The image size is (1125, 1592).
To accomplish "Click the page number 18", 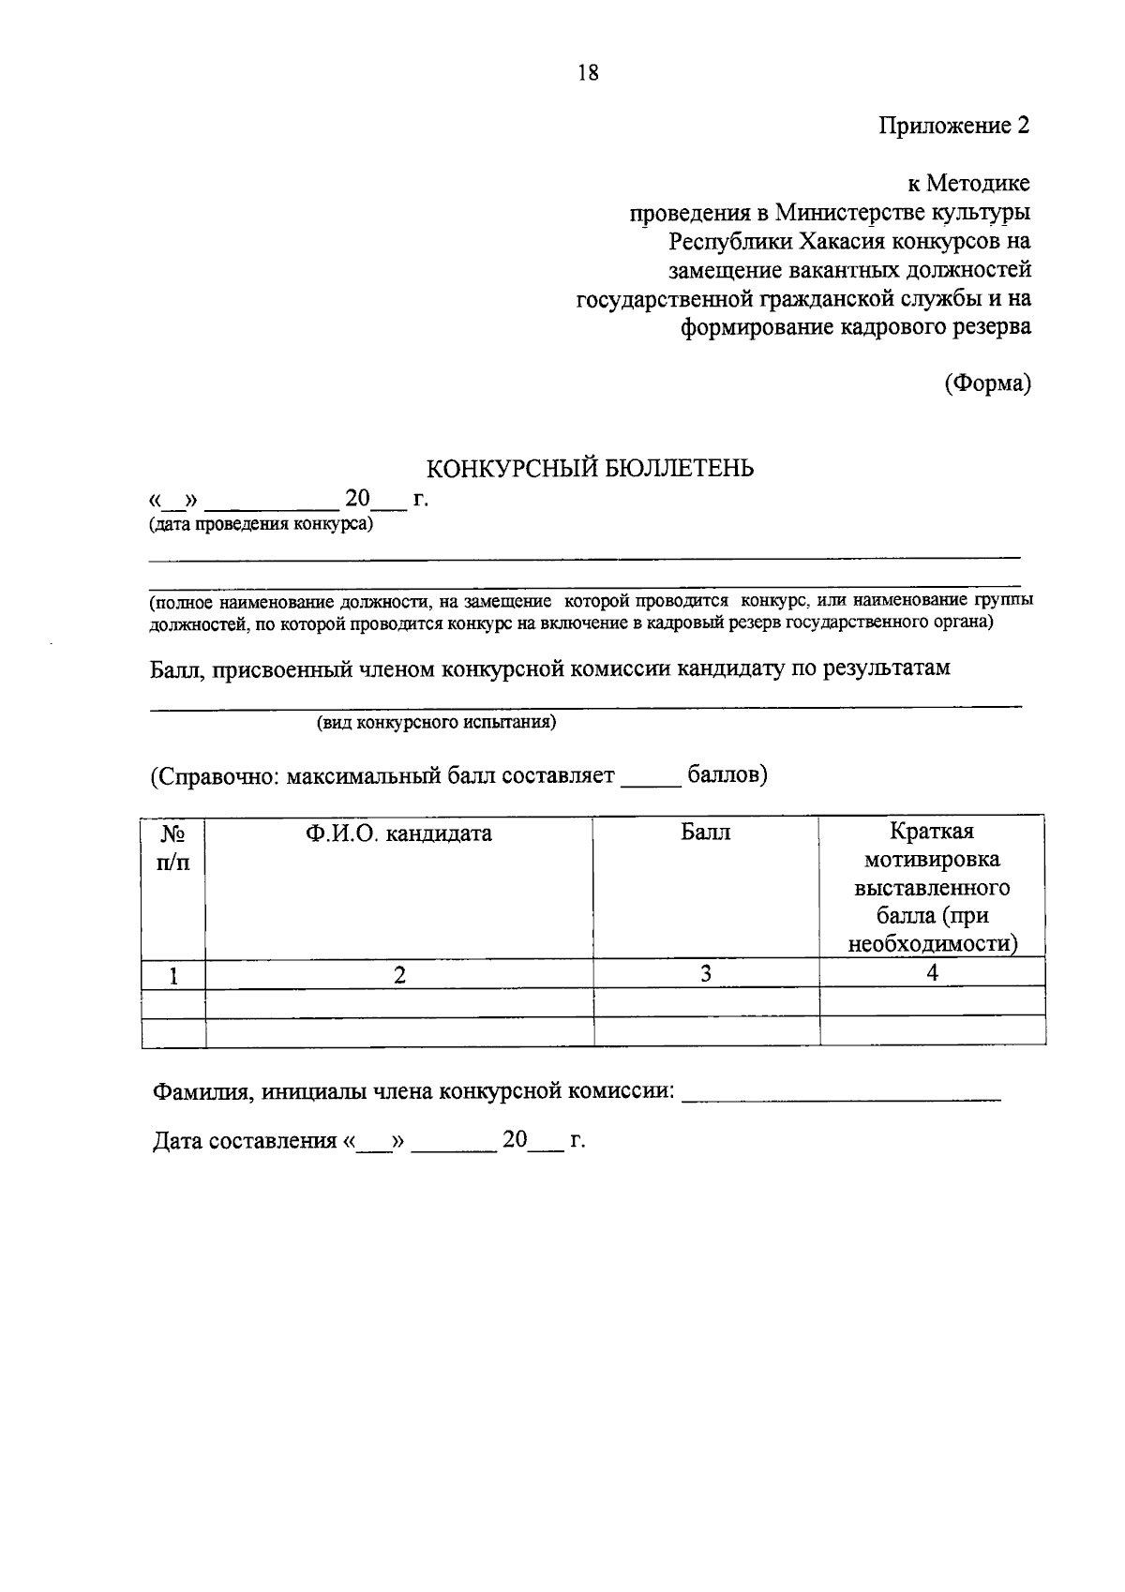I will click(588, 73).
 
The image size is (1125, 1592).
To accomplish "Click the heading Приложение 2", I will click(953, 126).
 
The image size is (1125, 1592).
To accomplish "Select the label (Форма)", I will click(987, 383).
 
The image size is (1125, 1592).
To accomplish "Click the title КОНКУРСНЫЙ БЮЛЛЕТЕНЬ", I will click(590, 468).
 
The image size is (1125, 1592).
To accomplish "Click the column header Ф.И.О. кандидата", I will click(398, 833).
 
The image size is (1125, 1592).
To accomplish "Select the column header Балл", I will click(705, 832).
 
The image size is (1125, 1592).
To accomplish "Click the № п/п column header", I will click(172, 847).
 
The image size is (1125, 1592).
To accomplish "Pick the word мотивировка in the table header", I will click(932, 859).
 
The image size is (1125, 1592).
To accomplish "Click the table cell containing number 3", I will click(705, 973).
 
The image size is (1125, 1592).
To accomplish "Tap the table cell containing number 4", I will click(932, 973).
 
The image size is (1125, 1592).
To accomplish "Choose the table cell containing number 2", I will click(399, 974).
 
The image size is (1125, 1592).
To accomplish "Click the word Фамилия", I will click(200, 1091).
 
